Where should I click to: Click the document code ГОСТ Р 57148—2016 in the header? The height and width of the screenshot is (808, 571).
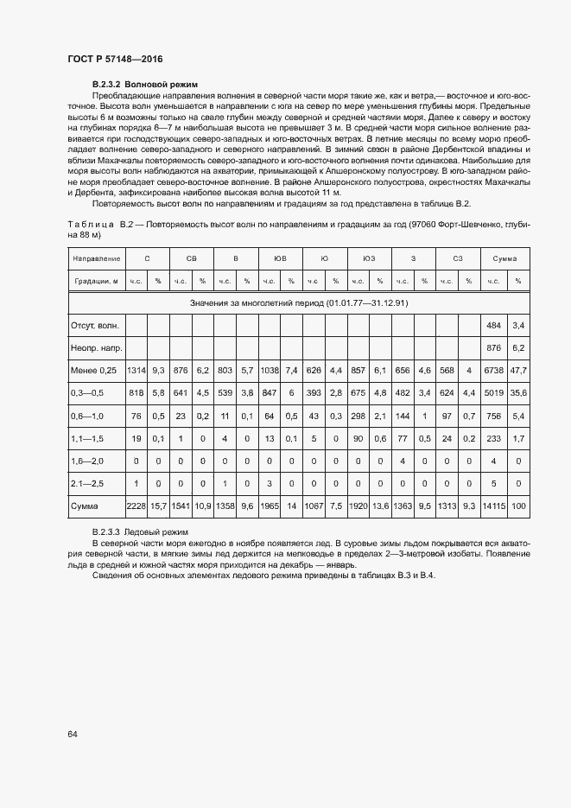click(x=115, y=59)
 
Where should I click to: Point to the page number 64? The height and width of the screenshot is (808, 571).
click(x=73, y=734)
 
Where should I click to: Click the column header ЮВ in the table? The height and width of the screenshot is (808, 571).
click(x=280, y=258)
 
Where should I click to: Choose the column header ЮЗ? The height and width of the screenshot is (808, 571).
click(x=369, y=258)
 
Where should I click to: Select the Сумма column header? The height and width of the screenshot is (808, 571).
click(x=505, y=258)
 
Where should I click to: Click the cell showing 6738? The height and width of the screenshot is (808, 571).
click(x=493, y=370)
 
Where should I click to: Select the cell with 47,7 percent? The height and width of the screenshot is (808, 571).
click(x=518, y=370)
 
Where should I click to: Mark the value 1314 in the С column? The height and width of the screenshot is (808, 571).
click(x=136, y=370)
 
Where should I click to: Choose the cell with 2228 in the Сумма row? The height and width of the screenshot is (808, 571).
click(x=136, y=505)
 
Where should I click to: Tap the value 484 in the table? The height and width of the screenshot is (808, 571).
click(x=494, y=325)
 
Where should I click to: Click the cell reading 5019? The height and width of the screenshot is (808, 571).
click(x=493, y=392)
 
